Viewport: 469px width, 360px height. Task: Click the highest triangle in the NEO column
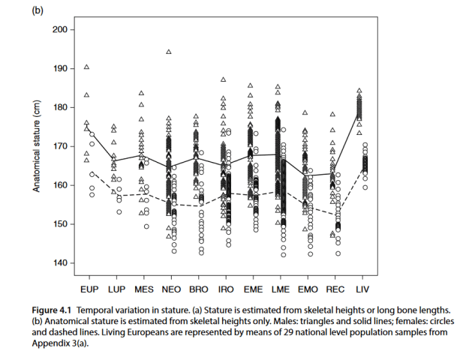point(169,52)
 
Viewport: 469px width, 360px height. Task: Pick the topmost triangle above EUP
point(86,67)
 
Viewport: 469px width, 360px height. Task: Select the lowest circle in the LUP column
point(119,211)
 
